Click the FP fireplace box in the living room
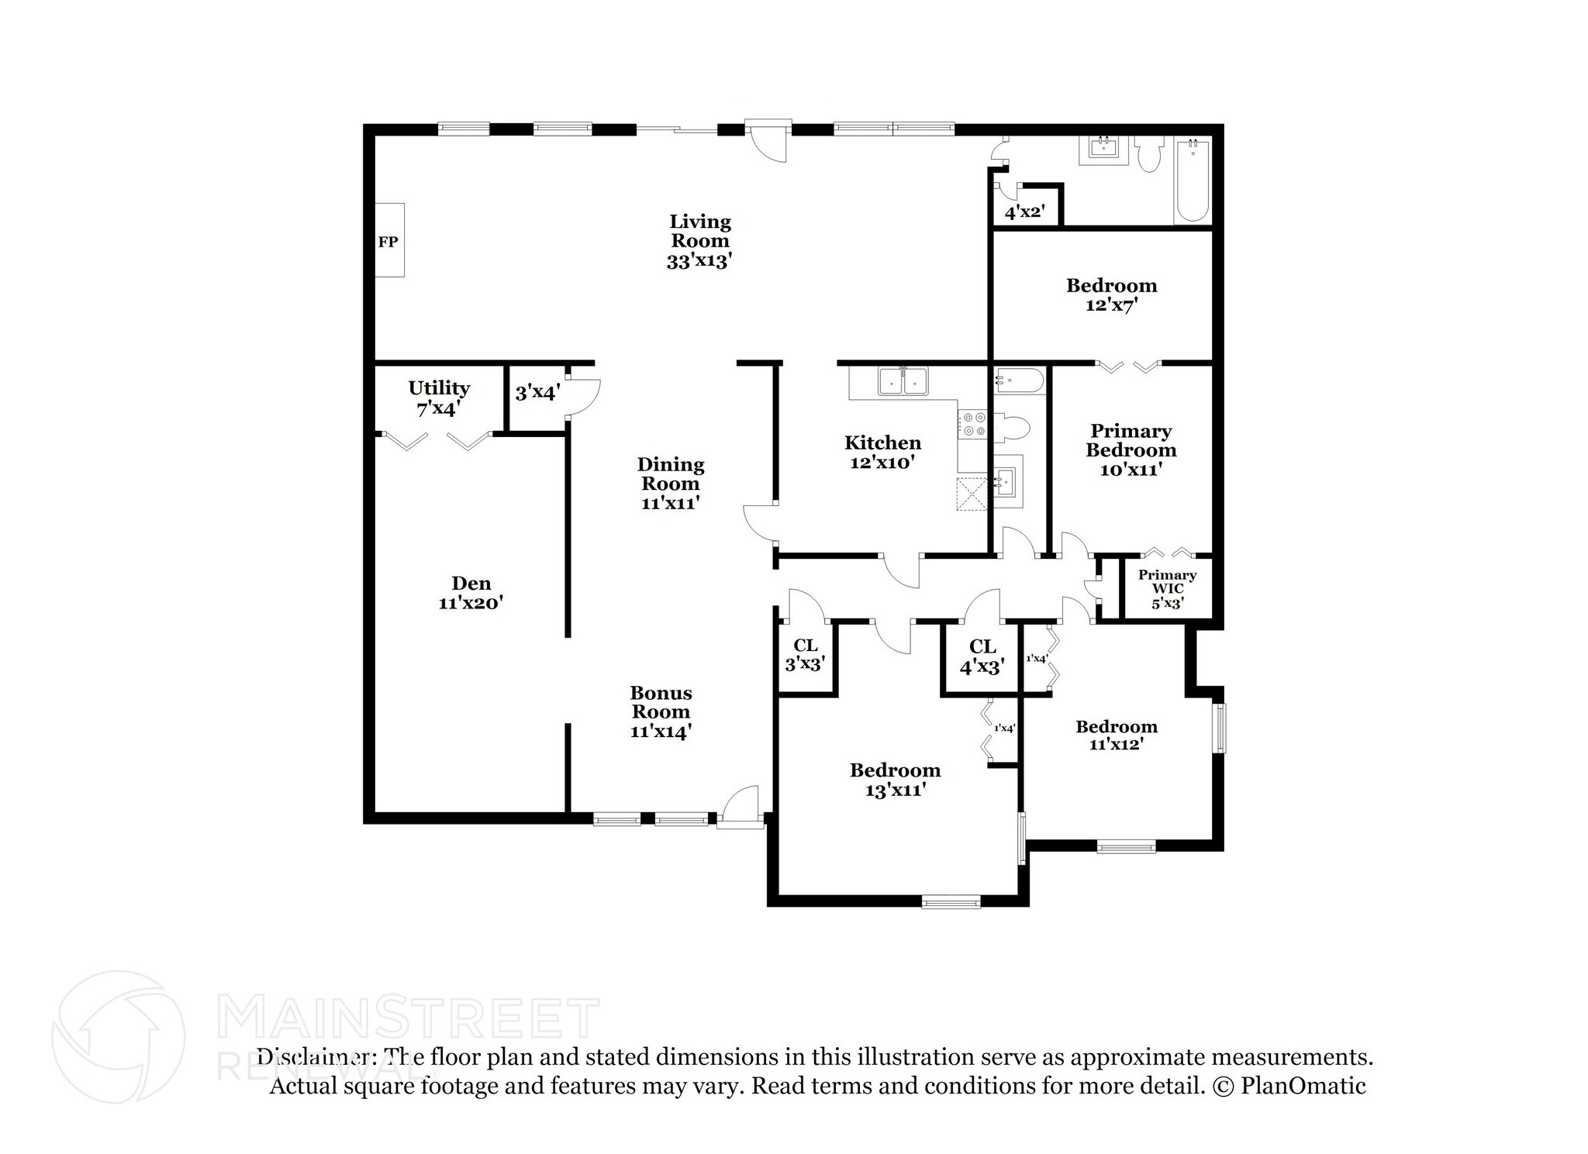390,240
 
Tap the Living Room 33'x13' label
699,241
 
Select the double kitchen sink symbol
903,381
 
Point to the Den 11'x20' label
471,592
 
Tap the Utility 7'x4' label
439,398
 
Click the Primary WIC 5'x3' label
1167,588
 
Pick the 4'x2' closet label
1025,212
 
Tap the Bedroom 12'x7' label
1111,295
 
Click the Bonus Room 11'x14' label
661,711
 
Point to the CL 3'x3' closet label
805,654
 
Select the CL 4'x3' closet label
982,656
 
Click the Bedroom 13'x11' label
895,779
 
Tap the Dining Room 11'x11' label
671,483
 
